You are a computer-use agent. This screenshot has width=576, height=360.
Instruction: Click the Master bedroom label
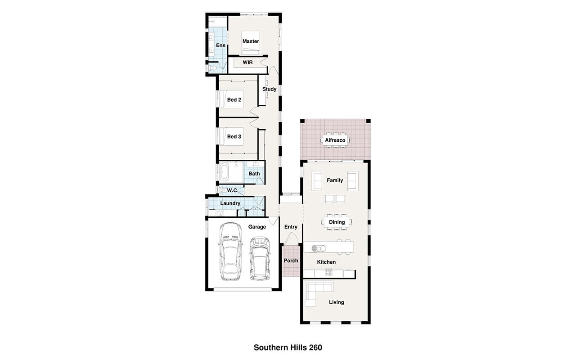pos(251,41)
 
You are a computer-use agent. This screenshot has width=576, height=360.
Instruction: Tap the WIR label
pos(247,63)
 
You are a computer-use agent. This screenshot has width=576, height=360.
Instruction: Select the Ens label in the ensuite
pos(220,45)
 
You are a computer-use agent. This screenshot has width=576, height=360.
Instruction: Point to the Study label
pos(269,89)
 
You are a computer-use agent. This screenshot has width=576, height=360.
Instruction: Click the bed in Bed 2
pos(231,99)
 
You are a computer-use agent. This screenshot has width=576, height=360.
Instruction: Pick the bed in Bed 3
pos(231,136)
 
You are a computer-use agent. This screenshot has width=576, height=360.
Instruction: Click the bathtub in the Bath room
pos(224,172)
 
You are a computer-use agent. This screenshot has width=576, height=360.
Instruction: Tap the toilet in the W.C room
pos(223,190)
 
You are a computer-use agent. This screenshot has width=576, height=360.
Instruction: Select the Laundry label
pos(230,203)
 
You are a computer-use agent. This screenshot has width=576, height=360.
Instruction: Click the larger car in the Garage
pos(230,252)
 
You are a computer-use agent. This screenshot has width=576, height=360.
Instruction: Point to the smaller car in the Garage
pos(260,258)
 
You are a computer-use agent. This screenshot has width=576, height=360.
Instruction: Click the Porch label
pos(291,261)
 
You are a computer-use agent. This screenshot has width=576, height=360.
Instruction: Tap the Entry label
pos(291,227)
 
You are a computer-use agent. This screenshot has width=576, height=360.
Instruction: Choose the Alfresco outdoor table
pos(335,140)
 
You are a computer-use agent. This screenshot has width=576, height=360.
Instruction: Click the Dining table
pos(337,222)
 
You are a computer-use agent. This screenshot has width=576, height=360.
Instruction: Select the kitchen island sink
pos(319,248)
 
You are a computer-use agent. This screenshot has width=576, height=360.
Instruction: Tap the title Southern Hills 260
pos(288,348)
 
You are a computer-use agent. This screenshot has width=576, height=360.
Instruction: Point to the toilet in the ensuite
pos(212,68)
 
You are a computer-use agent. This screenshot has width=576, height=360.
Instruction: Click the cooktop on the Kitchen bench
pos(329,273)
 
